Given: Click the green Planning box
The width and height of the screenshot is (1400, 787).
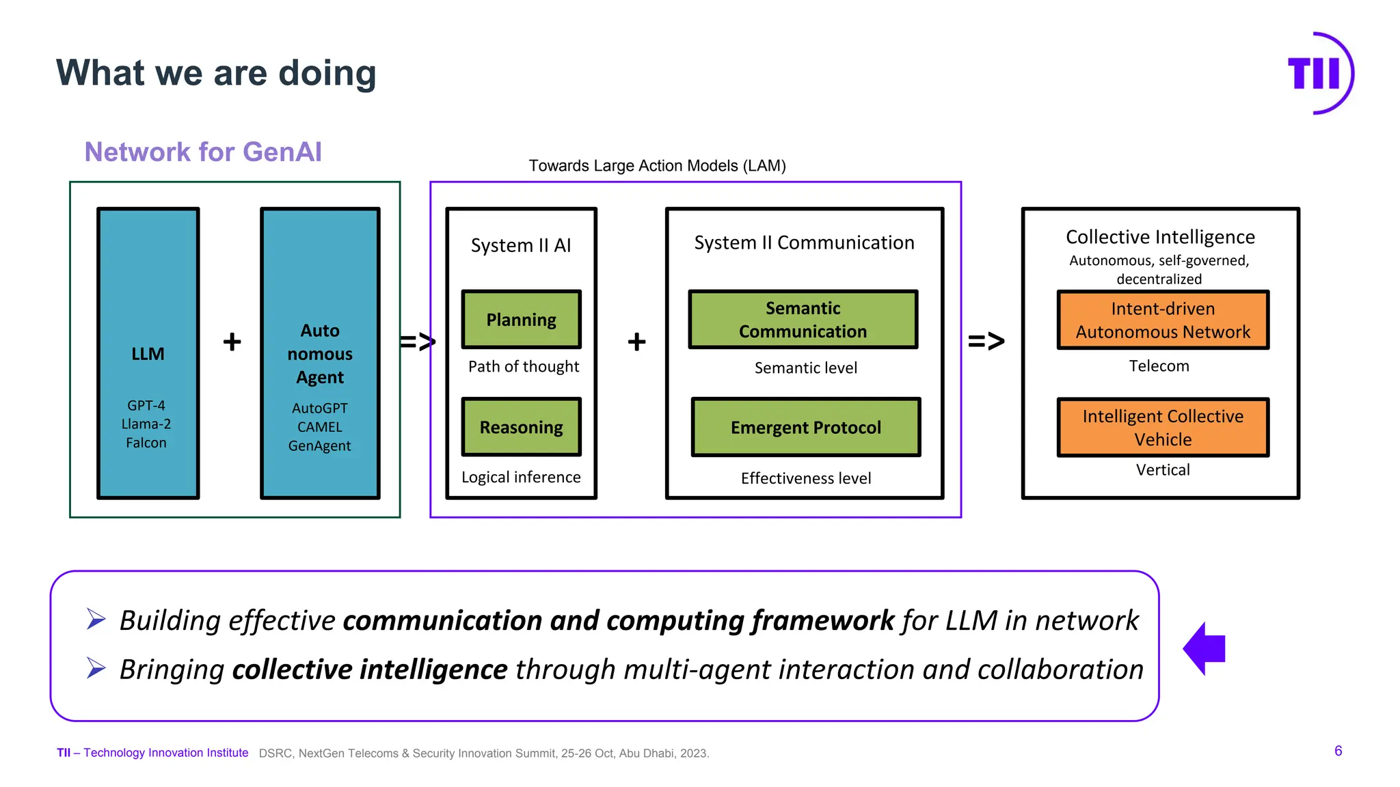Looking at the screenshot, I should pyautogui.click(x=521, y=320).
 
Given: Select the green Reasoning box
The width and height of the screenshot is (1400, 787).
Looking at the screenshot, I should pyautogui.click(x=521, y=427).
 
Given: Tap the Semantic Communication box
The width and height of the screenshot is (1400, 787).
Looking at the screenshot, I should pyautogui.click(x=803, y=320).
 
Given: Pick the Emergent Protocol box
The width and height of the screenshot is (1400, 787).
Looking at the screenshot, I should pyautogui.click(x=805, y=427).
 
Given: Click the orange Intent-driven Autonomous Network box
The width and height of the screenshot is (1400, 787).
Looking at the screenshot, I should pyautogui.click(x=1162, y=320).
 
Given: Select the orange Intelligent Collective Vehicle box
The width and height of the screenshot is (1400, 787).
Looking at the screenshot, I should pyautogui.click(x=1162, y=427).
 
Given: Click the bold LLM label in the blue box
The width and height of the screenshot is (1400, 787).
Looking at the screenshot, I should pyautogui.click(x=148, y=354).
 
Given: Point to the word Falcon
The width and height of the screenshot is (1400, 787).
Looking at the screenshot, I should pyautogui.click(x=146, y=443).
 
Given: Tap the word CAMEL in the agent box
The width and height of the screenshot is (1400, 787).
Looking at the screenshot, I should pyautogui.click(x=319, y=427).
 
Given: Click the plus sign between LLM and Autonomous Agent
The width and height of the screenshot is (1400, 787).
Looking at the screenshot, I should pyautogui.click(x=232, y=342).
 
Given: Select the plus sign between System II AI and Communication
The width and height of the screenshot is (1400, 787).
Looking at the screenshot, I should pyautogui.click(x=636, y=342).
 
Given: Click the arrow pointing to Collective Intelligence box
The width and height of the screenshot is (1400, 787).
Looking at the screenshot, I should pyautogui.click(x=986, y=340).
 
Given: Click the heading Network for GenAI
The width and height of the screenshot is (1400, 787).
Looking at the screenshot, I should pyautogui.click(x=203, y=152).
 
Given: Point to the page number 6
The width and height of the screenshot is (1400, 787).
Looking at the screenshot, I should pyautogui.click(x=1338, y=751).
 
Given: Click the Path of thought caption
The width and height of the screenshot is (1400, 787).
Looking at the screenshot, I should pyautogui.click(x=523, y=367).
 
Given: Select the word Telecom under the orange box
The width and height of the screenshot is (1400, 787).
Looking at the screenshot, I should pyautogui.click(x=1159, y=366).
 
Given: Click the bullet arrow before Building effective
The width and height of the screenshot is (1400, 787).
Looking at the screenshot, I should pyautogui.click(x=96, y=619).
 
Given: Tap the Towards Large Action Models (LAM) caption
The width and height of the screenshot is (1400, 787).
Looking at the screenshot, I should pyautogui.click(x=657, y=166).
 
